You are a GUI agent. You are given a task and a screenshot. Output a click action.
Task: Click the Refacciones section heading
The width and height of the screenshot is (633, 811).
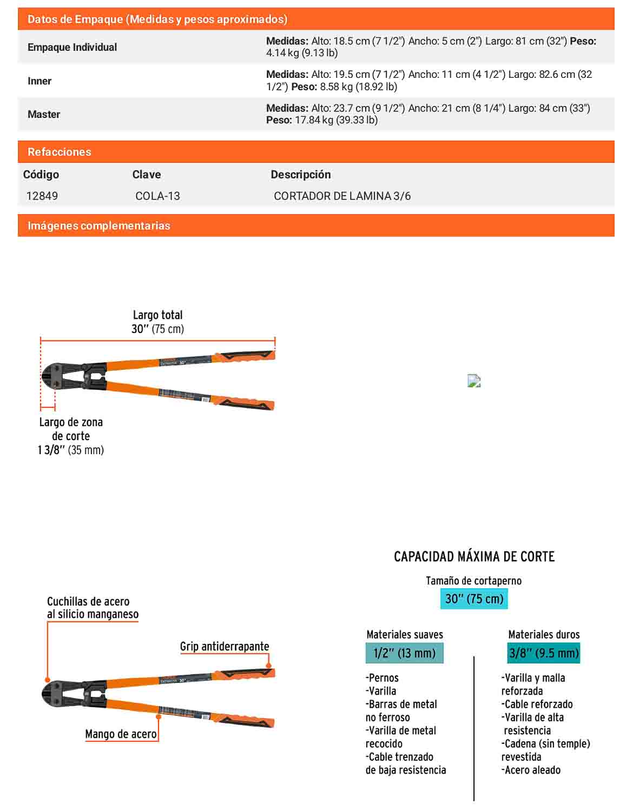coord(60,152)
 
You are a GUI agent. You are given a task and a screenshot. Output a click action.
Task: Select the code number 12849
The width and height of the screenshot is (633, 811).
coord(42,196)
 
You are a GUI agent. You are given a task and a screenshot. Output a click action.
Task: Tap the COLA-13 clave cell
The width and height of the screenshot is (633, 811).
coord(157,196)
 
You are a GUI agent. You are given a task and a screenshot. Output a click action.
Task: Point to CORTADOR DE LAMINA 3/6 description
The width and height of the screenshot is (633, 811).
coord(342,196)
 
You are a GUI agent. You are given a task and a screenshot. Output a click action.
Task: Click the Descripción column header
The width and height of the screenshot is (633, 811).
coord(301,175)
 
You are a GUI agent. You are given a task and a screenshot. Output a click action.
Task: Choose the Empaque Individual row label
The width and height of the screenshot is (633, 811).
coord(72,47)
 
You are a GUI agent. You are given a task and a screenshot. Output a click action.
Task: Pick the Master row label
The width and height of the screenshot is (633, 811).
coord(44,114)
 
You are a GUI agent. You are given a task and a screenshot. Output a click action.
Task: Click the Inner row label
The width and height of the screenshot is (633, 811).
coord(39,81)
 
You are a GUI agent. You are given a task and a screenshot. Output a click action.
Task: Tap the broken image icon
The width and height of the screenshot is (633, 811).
coord(474,381)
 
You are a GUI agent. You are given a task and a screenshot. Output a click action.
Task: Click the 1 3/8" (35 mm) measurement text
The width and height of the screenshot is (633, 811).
coord(70,450)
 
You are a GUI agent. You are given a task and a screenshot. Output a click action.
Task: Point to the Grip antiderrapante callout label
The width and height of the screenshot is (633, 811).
coord(225,646)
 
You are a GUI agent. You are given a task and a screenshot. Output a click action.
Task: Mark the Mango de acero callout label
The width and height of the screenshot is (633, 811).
coord(121,734)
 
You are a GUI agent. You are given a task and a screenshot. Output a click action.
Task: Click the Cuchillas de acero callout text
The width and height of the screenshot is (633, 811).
coord(93,608)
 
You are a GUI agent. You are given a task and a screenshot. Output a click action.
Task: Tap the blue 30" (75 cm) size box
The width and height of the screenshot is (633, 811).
coord(474,599)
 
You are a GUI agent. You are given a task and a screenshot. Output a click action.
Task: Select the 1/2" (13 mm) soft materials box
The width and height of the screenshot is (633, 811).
coord(405,653)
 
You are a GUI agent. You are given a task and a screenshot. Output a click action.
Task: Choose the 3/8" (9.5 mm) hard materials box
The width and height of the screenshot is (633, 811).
coord(544,653)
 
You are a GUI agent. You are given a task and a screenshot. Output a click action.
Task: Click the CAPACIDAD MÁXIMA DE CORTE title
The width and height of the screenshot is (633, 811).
coord(474,556)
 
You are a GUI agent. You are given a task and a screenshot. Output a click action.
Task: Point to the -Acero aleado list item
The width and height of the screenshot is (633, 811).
coord(531,770)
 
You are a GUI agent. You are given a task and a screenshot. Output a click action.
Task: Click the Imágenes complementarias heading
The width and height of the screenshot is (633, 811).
coord(98,225)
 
